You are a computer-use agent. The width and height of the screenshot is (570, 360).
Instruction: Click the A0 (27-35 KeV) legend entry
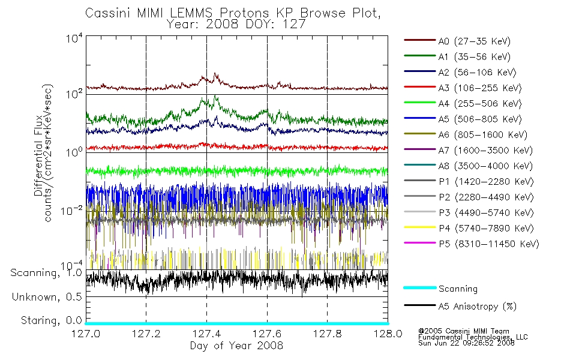[x=457, y=41]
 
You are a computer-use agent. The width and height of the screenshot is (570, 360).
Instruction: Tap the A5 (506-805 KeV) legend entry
[x=463, y=119]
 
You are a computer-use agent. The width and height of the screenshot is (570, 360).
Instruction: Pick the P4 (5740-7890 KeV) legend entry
[x=469, y=228]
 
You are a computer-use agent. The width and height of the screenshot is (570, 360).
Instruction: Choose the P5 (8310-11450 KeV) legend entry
[x=472, y=244]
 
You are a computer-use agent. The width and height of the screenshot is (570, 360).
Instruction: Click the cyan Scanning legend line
[x=420, y=287]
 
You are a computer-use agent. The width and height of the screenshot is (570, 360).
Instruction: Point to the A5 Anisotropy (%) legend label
[x=478, y=306]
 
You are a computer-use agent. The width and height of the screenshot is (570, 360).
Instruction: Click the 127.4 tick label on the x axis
[x=207, y=334]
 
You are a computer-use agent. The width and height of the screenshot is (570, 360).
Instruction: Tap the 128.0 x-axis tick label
[x=388, y=334]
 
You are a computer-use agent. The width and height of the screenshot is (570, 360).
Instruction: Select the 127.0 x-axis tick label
[x=86, y=334]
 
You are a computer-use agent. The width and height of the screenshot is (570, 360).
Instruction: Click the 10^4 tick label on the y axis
[x=74, y=38]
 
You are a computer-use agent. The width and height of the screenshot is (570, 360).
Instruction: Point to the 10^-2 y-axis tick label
[x=71, y=211]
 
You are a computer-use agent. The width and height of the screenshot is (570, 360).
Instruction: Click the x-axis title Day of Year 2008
[x=236, y=346]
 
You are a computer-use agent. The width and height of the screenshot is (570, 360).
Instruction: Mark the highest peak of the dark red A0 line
[x=215, y=74]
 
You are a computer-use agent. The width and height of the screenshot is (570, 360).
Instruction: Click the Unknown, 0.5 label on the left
[x=47, y=297]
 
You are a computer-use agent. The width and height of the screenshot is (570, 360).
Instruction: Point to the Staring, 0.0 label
[x=51, y=320]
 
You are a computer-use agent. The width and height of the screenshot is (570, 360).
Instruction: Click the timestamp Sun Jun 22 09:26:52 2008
[x=466, y=343]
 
